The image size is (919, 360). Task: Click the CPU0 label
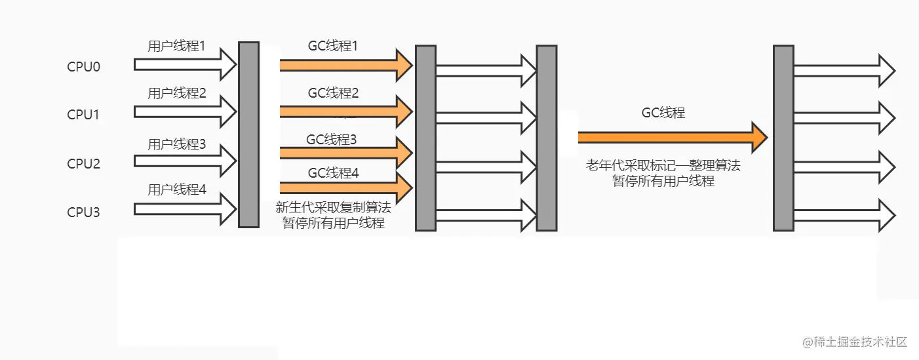pyautogui.click(x=83, y=67)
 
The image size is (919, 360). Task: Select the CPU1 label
pyautogui.click(x=83, y=115)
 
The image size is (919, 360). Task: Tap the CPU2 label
pyautogui.click(x=83, y=163)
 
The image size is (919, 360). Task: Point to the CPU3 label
pyautogui.click(x=83, y=212)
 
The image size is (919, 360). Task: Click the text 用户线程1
pyautogui.click(x=176, y=47)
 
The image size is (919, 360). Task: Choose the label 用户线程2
pyautogui.click(x=176, y=93)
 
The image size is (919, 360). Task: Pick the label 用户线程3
pyautogui.click(x=176, y=144)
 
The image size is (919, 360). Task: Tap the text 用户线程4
pyautogui.click(x=176, y=190)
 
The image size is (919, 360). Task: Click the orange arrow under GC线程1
pyautogui.click(x=345, y=64)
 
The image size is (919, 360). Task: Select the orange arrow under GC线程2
pyautogui.click(x=345, y=112)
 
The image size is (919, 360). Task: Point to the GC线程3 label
pyautogui.click(x=332, y=140)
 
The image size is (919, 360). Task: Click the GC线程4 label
pyautogui.click(x=334, y=173)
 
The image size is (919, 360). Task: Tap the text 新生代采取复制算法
pyautogui.click(x=333, y=208)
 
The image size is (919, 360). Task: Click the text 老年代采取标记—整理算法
pyautogui.click(x=663, y=165)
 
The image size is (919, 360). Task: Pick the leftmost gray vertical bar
pyautogui.click(x=248, y=134)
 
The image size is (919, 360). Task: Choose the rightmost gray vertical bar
pyautogui.click(x=783, y=138)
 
